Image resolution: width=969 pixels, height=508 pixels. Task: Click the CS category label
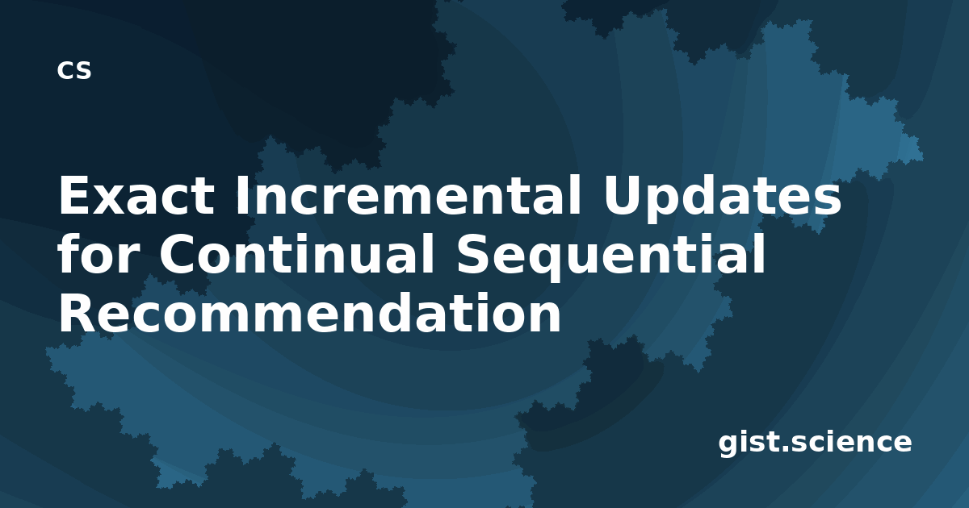point(74,70)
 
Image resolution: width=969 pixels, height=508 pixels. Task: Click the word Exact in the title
point(136,195)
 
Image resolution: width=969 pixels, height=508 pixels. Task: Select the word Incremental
point(409,195)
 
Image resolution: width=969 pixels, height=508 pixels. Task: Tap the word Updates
point(722,198)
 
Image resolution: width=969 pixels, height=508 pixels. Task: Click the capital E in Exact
point(73,195)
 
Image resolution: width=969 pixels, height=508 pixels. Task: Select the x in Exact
point(108,200)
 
